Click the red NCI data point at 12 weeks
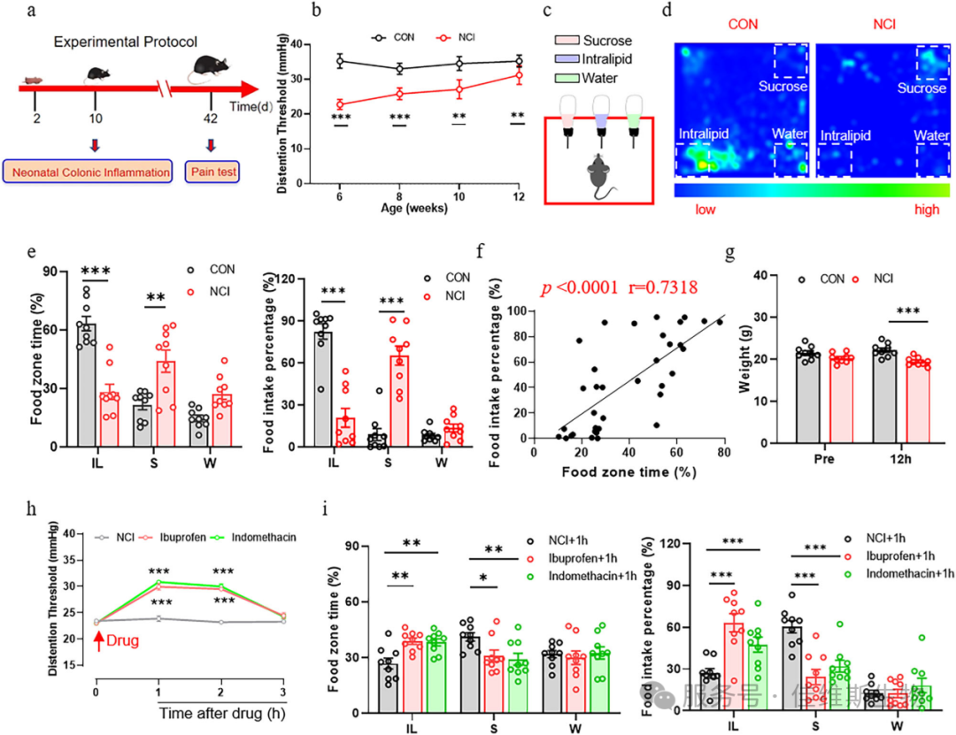518,75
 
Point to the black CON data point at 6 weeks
339,61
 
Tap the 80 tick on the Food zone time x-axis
723,451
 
